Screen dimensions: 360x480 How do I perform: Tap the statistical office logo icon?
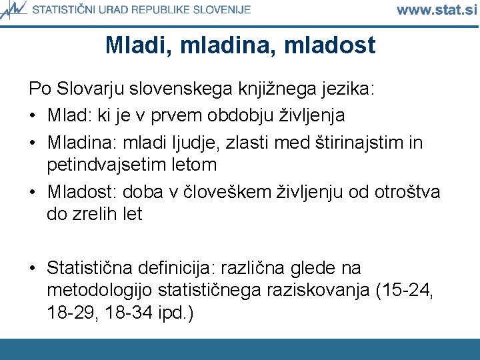[14, 9]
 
